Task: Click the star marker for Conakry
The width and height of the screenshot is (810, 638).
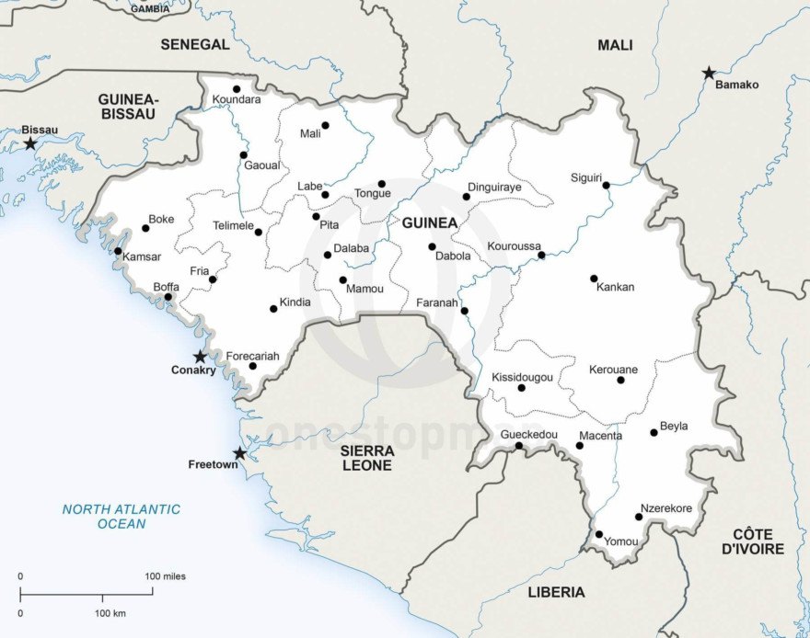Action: tap(200, 357)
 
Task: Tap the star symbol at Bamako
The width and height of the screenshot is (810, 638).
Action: tap(709, 73)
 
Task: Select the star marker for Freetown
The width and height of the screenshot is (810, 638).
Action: tap(239, 453)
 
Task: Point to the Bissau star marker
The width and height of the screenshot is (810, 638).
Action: tap(30, 143)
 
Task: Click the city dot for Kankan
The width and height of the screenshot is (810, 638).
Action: tap(594, 279)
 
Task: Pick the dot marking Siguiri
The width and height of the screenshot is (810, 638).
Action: tap(607, 186)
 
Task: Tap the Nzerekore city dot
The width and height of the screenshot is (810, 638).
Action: tap(639, 517)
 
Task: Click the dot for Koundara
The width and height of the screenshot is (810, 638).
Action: tap(237, 89)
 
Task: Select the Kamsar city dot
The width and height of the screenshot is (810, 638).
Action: tap(118, 251)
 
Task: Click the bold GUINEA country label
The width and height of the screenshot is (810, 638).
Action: tap(429, 222)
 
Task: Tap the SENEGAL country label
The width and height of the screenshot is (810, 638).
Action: tap(194, 44)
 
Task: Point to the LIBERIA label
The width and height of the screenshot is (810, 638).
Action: tap(556, 592)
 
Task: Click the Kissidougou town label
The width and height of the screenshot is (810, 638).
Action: tap(522, 377)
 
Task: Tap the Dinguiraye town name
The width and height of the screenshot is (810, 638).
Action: tap(494, 187)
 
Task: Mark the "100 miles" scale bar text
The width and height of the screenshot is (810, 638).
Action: tap(165, 576)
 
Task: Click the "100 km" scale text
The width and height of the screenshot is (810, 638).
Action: tap(110, 612)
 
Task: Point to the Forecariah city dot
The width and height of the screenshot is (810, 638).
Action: tap(253, 366)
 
